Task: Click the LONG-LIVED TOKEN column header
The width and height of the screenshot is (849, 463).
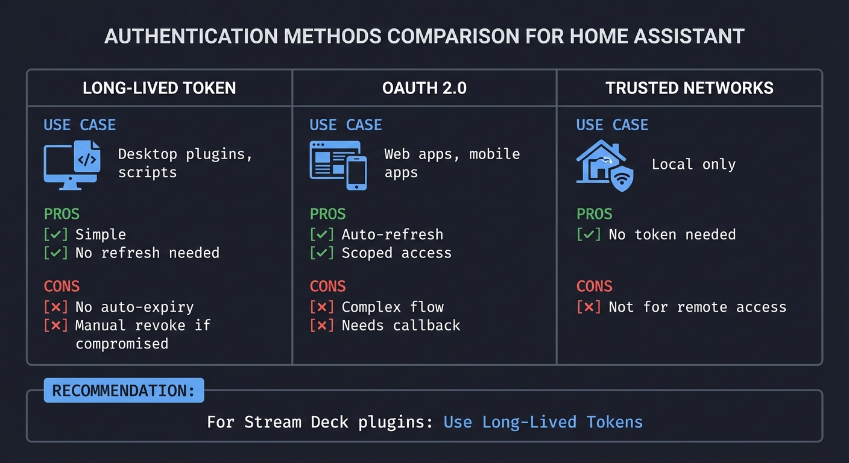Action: [159, 88]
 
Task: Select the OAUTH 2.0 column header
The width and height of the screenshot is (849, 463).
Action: [424, 88]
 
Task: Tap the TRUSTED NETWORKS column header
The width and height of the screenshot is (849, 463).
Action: [689, 88]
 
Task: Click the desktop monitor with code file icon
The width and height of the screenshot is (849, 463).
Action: [72, 165]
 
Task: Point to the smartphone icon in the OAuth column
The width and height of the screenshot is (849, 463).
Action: [356, 172]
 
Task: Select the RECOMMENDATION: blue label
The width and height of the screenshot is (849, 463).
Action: [124, 391]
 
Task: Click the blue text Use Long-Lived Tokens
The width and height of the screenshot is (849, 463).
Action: [543, 422]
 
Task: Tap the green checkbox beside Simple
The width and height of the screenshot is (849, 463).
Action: [55, 235]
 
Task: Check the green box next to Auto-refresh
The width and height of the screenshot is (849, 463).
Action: [321, 235]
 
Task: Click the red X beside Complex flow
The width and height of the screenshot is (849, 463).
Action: [321, 307]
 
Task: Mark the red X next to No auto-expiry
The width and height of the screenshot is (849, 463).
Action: [55, 307]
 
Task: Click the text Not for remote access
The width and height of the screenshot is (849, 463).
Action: [697, 307]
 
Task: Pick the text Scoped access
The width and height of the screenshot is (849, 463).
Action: [396, 253]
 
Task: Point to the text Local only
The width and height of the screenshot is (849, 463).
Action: [693, 165]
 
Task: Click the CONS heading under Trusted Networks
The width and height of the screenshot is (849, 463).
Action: [594, 286]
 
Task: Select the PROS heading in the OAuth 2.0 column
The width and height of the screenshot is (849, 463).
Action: [327, 214]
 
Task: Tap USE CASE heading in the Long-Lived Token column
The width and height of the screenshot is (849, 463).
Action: [80, 125]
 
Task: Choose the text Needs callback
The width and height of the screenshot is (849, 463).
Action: [400, 326]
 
